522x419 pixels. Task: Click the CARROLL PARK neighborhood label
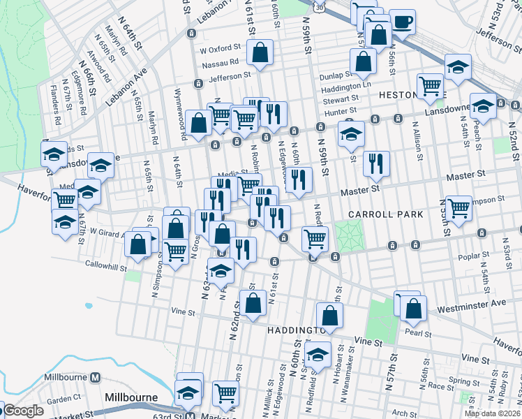388,214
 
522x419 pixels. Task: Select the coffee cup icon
402,21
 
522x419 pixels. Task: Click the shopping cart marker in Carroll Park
458,207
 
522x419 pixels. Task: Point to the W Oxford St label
220,50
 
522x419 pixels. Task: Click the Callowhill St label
106,265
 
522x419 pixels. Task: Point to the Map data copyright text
493,413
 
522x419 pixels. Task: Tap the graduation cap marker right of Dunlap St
458,67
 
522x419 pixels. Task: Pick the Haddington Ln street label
346,89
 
